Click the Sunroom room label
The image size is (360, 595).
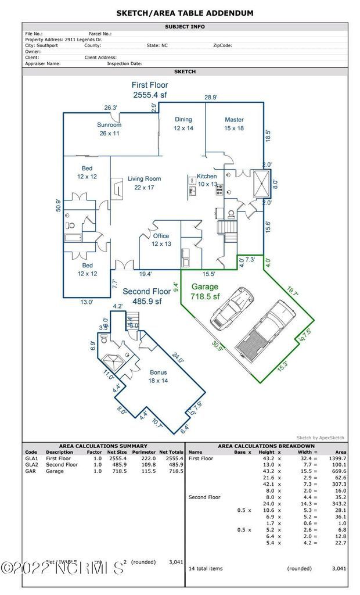[x=109, y=125]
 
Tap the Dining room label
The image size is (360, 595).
[x=183, y=120]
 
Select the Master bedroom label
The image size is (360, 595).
[x=234, y=120]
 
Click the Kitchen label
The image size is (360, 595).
[x=207, y=176]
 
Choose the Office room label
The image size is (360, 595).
[x=161, y=236]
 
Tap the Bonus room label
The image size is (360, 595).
[x=158, y=372]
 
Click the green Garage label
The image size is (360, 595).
[x=205, y=286]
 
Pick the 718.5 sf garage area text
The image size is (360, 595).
[x=205, y=297]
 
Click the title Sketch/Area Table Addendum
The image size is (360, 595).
[x=185, y=13]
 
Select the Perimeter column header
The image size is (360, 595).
[x=143, y=452]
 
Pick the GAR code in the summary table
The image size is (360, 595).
[x=30, y=471]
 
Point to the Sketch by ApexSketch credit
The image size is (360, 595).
[x=321, y=438]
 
